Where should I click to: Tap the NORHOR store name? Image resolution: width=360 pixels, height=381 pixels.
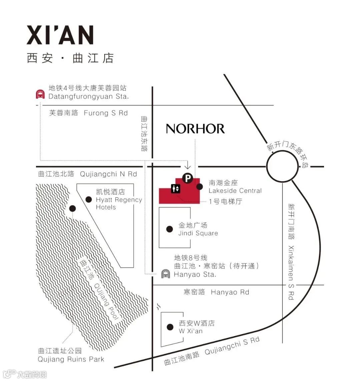click(x=195, y=129)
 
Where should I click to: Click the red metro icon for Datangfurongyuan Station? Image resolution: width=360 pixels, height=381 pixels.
click(x=40, y=94)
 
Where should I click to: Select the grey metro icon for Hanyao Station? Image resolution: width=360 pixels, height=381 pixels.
click(x=165, y=274)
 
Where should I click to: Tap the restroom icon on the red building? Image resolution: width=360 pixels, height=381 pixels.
click(x=176, y=189)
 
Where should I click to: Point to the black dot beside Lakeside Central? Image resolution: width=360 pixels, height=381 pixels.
click(x=199, y=187)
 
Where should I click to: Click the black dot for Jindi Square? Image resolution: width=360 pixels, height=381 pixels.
click(x=170, y=229)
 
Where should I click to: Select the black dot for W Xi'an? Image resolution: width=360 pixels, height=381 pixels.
click(x=170, y=327)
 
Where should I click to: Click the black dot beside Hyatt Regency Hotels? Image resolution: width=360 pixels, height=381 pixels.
click(x=89, y=199)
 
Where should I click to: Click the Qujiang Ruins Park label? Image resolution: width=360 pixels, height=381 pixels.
click(x=71, y=359)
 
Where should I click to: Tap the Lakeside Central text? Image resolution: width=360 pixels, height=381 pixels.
click(x=235, y=191)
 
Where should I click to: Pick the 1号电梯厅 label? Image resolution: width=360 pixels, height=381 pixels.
click(x=225, y=201)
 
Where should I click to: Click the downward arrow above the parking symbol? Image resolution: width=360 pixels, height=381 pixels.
click(x=187, y=165)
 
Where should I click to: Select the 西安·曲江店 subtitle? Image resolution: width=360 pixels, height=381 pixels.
click(x=70, y=58)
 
